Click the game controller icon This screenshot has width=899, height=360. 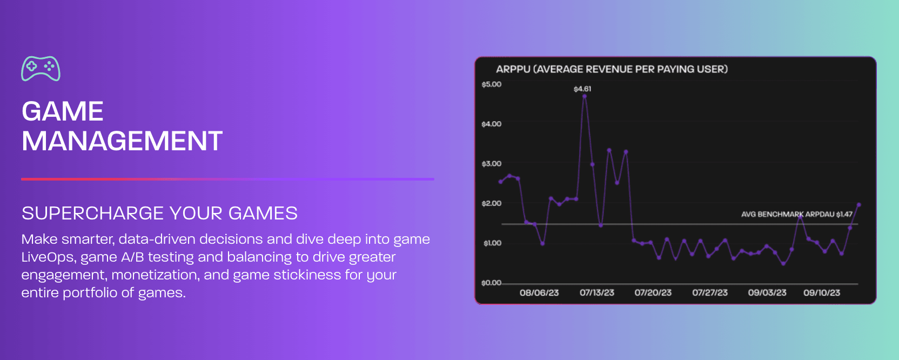tap(41, 69)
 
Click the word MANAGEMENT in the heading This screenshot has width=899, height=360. tap(122, 141)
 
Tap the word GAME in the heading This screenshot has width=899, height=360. tap(63, 111)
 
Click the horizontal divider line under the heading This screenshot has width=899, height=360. tap(227, 179)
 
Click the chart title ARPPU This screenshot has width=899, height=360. tap(513, 69)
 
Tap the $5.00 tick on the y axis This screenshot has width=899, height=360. tap(491, 84)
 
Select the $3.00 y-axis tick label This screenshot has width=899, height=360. tap(491, 163)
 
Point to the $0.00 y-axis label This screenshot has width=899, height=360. tap(491, 283)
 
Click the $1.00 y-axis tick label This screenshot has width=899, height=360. tap(492, 243)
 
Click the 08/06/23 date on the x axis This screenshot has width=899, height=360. tap(539, 292)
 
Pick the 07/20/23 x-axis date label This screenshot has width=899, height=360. tap(653, 292)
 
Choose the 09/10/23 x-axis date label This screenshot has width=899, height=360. tap(821, 292)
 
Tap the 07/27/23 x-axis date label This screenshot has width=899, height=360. tap(710, 292)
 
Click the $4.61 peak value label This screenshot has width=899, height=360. tap(582, 89)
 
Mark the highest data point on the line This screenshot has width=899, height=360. tap(585, 97)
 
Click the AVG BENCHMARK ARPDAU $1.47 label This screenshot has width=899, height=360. tap(796, 214)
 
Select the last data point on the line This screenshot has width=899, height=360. tap(858, 205)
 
